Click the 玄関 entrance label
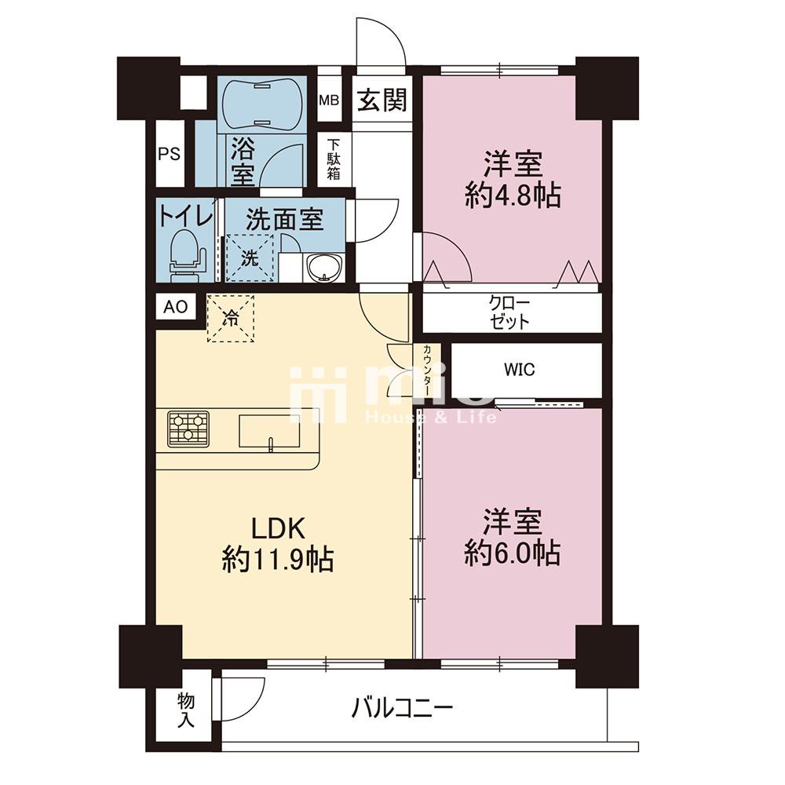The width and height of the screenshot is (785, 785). [383, 100]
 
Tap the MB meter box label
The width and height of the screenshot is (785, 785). [330, 100]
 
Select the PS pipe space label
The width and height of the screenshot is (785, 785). [170, 154]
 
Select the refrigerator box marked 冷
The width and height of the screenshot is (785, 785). [232, 318]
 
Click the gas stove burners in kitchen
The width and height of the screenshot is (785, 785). [188, 429]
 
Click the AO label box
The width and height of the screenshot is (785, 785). [175, 307]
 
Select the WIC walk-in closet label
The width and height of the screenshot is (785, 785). [520, 370]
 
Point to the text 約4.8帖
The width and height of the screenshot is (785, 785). [512, 195]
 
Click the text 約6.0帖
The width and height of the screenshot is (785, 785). [512, 554]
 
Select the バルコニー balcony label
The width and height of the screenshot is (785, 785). [402, 708]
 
